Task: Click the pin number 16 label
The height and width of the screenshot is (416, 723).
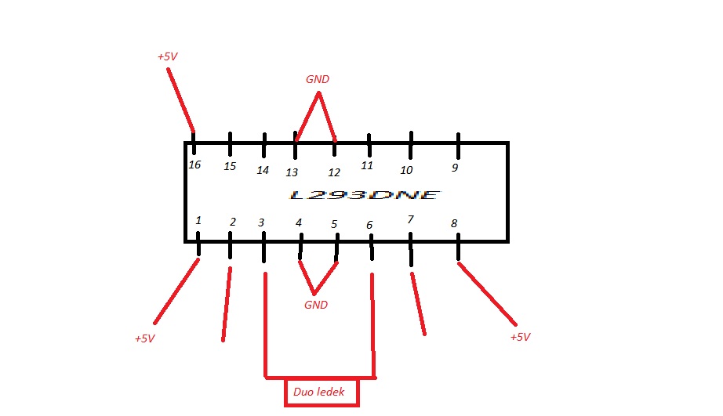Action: [x=195, y=165]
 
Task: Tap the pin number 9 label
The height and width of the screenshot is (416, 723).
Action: [x=454, y=168]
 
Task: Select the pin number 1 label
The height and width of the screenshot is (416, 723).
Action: [x=198, y=221]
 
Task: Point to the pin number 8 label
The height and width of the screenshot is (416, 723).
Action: [x=453, y=224]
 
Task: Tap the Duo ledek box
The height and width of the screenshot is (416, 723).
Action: [x=322, y=392]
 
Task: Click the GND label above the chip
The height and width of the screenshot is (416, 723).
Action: [x=318, y=80]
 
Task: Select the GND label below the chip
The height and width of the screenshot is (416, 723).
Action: [x=316, y=305]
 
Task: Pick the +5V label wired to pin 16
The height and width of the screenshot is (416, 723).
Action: [x=168, y=57]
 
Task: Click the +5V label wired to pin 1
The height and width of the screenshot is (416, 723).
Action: [x=144, y=339]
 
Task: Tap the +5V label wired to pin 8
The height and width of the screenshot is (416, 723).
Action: [x=520, y=337]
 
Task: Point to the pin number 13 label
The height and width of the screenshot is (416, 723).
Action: [x=292, y=172]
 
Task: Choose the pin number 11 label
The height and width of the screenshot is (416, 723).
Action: [x=366, y=165]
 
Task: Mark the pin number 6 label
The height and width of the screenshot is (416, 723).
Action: [x=369, y=226]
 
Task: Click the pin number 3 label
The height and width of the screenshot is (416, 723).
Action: [x=262, y=222]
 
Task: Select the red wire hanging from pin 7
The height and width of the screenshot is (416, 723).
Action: [x=417, y=302]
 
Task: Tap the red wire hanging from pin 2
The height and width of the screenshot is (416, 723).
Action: [x=227, y=306]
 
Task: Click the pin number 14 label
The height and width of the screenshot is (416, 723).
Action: [x=263, y=170]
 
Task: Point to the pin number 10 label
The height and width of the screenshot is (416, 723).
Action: [x=406, y=170]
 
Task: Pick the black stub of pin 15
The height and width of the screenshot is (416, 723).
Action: [x=230, y=144]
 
